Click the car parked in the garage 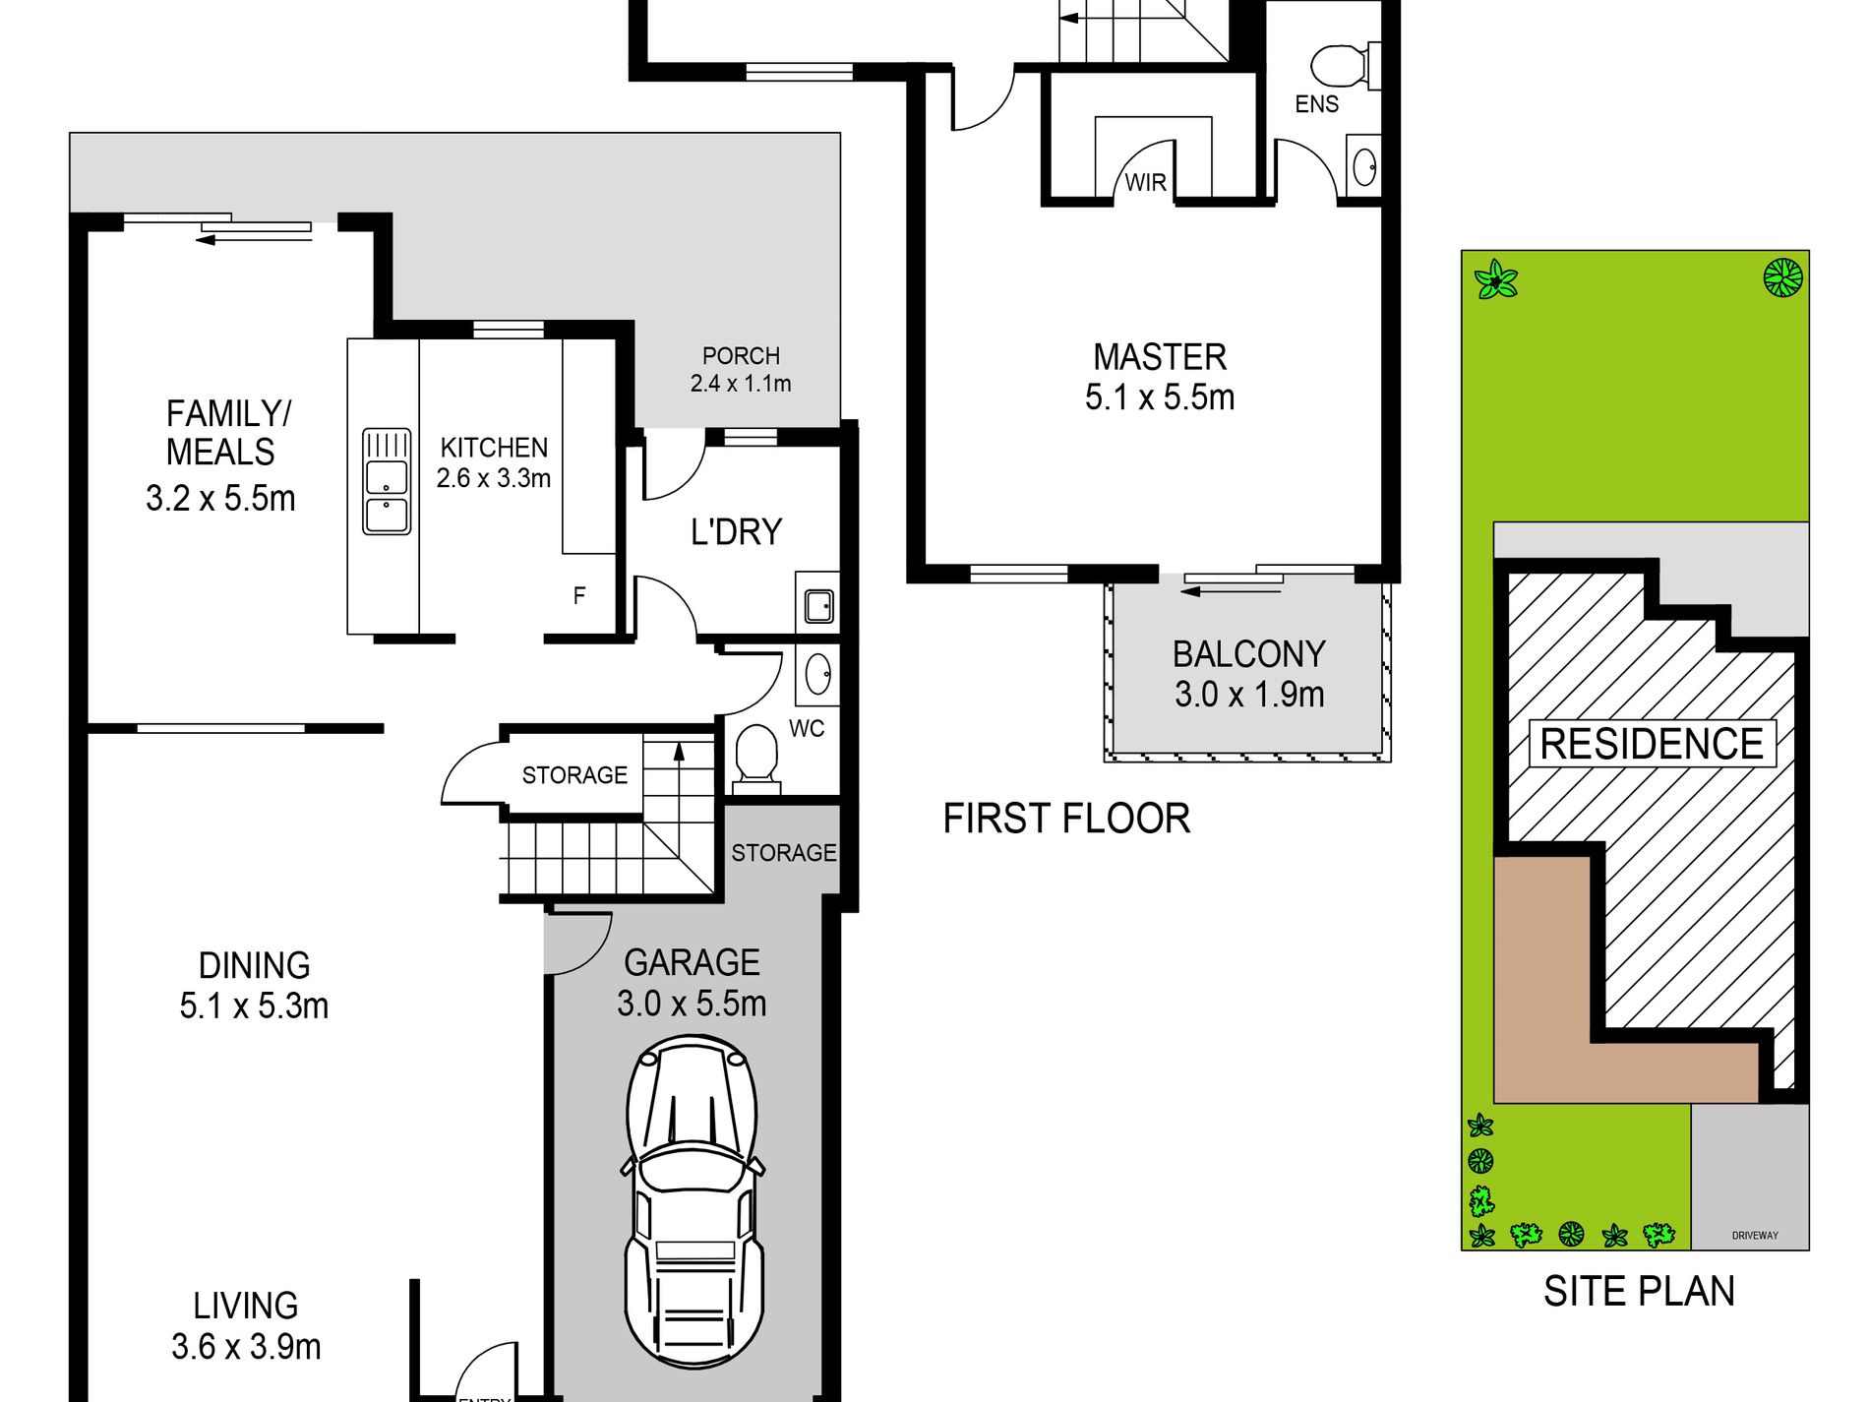click(x=693, y=1201)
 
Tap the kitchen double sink click(x=387, y=481)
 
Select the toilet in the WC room click(x=756, y=759)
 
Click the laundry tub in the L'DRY click(x=819, y=605)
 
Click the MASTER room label click(x=1160, y=356)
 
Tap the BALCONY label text click(x=1249, y=654)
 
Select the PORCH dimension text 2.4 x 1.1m click(x=741, y=384)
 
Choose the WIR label click(x=1146, y=183)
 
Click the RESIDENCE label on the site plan click(x=1652, y=744)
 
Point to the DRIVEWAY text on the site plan click(x=1755, y=1236)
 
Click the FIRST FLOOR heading click(x=1066, y=819)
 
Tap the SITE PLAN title click(x=1639, y=1291)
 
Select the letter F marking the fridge click(x=579, y=595)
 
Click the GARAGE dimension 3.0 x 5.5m click(x=692, y=1004)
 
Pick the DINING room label click(x=254, y=965)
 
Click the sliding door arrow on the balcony click(x=1232, y=591)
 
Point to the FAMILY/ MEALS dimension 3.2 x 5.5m click(x=220, y=499)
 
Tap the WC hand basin click(x=817, y=675)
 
